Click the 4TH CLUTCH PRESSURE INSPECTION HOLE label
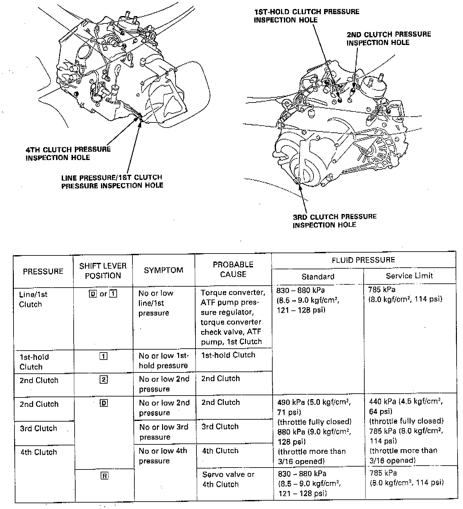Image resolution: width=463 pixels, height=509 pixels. pos(68,153)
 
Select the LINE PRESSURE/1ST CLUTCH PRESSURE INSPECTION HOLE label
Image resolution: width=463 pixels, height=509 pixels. pos(112,181)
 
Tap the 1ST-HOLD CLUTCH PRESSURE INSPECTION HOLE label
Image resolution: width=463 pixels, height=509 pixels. pos(306,16)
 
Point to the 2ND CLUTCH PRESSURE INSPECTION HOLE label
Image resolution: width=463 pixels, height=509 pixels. pos(388,39)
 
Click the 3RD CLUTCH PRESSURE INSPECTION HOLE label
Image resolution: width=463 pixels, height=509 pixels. pos(334,220)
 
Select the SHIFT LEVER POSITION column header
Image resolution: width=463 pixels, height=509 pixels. pos(103,271)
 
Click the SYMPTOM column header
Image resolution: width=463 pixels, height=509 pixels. pos(163,270)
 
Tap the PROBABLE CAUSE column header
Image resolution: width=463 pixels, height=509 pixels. pos(233,269)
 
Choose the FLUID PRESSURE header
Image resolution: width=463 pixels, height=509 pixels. pos(363,260)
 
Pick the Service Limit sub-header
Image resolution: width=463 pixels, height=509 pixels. pos(409,276)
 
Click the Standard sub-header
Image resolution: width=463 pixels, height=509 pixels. pos(318,276)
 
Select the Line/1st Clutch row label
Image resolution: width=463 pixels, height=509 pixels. pos(33,299)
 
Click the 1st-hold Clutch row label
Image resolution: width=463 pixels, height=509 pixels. pos(34,362)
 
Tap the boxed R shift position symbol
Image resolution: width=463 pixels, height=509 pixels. pos(104,476)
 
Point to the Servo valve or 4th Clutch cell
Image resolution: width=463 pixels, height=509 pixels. pos(228,479)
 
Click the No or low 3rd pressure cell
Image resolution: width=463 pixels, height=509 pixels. pos(164,432)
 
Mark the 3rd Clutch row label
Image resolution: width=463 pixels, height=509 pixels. pos(38,428)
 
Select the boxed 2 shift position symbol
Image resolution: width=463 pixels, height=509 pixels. pos(104,380)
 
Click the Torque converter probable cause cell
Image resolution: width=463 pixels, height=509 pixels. pos(233,317)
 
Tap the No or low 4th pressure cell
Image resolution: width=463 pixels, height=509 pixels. pos(163,456)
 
